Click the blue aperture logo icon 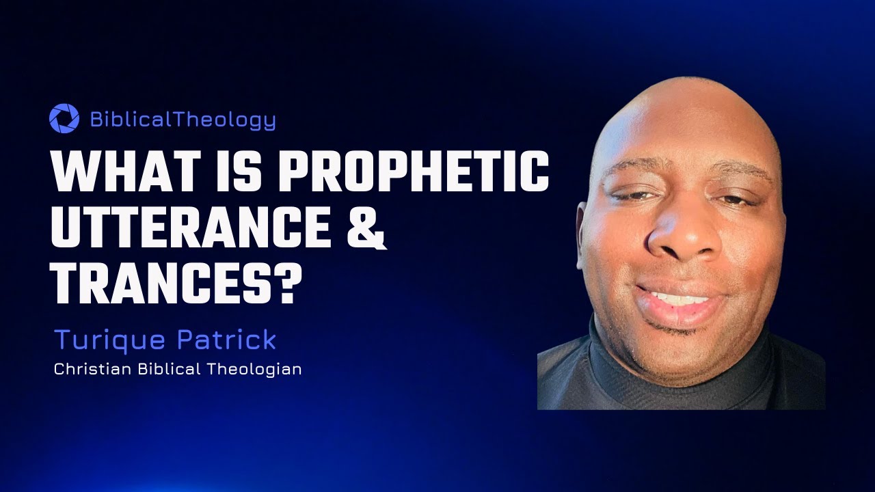pyautogui.click(x=64, y=118)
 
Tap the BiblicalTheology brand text pyautogui.click(x=183, y=120)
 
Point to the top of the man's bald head pyautogui.click(x=684, y=102)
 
